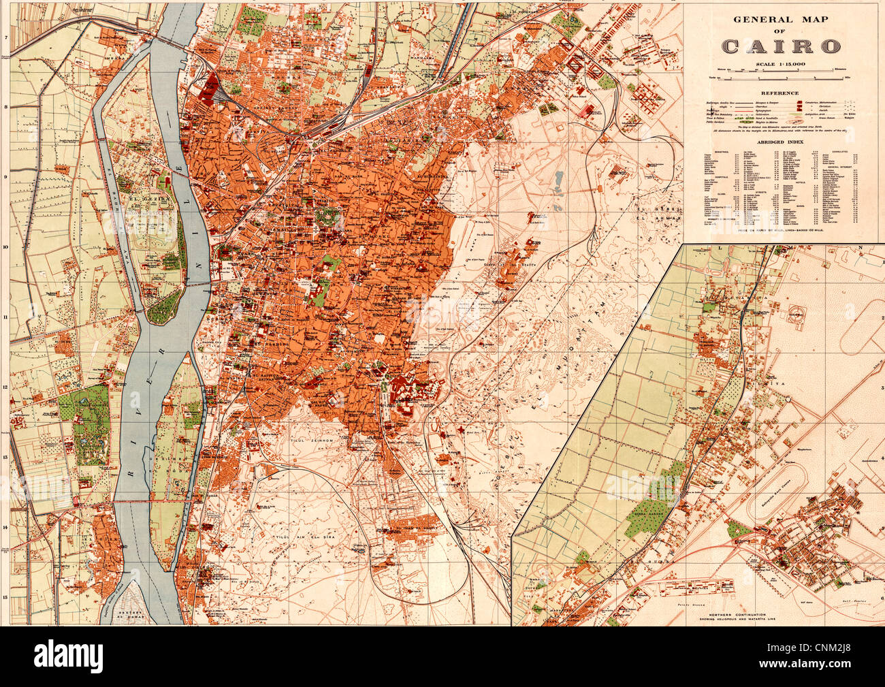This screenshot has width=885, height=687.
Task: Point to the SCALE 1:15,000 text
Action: tap(779, 64)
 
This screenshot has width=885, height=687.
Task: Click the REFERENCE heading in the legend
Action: tap(779, 93)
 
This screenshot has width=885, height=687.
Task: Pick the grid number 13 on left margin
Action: tap(5, 457)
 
